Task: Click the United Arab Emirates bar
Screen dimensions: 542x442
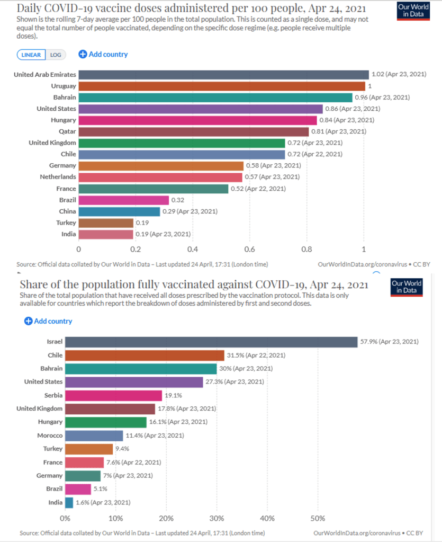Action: click(x=223, y=75)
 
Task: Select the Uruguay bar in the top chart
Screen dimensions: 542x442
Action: click(x=222, y=86)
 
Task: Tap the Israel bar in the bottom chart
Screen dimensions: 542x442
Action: click(x=211, y=342)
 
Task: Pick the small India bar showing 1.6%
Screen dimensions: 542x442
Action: click(x=69, y=502)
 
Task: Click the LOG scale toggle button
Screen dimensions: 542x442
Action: click(x=55, y=54)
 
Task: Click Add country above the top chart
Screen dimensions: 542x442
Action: click(x=103, y=54)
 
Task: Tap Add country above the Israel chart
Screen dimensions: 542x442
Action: click(x=48, y=321)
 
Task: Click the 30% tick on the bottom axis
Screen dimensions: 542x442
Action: click(x=217, y=517)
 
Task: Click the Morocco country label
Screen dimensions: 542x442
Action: click(x=50, y=435)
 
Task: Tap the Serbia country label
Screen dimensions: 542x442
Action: click(x=53, y=395)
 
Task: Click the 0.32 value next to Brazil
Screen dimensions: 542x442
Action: click(x=178, y=200)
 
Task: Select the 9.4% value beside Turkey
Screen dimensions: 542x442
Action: click(x=123, y=449)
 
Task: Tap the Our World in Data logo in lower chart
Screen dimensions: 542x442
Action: click(x=407, y=287)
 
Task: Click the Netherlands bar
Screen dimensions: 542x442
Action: click(x=160, y=177)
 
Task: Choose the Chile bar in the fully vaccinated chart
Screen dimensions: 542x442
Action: click(x=145, y=355)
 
